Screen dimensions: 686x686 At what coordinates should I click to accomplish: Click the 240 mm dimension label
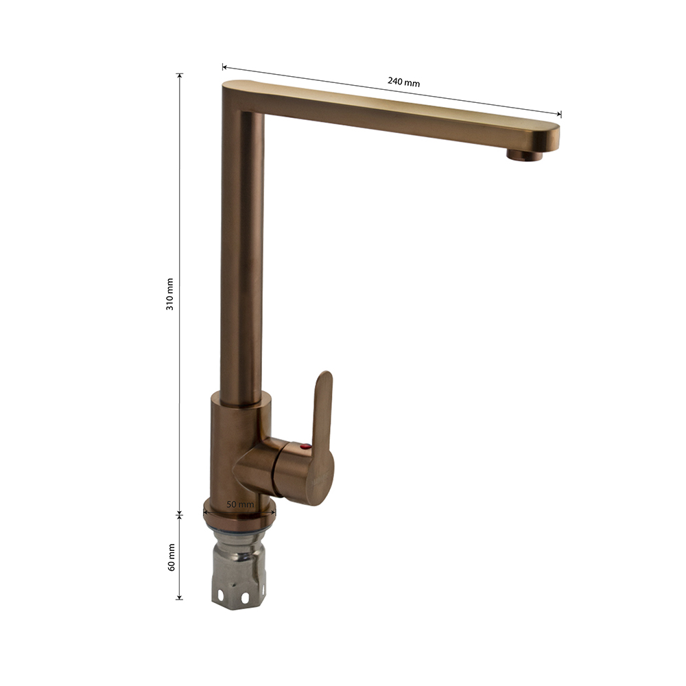(x=403, y=82)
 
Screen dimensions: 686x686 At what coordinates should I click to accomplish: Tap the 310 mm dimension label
(x=169, y=294)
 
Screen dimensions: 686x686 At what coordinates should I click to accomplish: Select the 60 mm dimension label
(x=171, y=557)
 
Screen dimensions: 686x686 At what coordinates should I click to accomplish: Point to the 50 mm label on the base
(x=239, y=504)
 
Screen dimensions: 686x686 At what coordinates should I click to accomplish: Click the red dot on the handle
(x=305, y=447)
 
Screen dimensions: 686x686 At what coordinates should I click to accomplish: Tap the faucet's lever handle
(x=322, y=438)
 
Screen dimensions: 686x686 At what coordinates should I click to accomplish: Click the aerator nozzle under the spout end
(x=525, y=155)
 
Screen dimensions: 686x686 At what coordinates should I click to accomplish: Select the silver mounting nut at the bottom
(x=239, y=568)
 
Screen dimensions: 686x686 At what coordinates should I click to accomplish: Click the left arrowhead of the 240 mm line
(x=224, y=67)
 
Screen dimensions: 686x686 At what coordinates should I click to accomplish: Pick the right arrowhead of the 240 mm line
(x=558, y=114)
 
